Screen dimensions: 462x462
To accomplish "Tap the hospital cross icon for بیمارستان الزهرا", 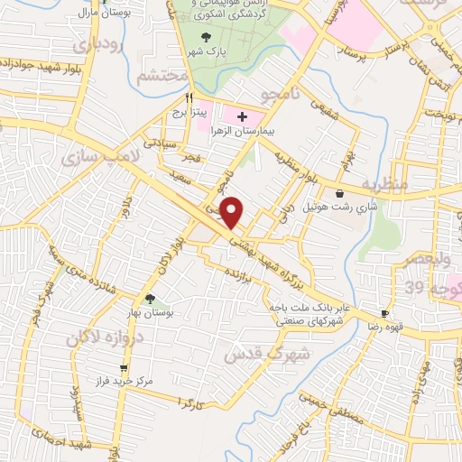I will [242, 115].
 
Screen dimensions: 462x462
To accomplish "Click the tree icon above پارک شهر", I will [207, 37].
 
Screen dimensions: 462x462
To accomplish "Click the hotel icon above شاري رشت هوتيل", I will [339, 193].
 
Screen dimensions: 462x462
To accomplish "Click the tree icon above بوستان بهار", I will [150, 298].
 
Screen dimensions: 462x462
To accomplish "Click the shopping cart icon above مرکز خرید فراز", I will [125, 368].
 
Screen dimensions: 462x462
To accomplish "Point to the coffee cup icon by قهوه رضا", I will [385, 313].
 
